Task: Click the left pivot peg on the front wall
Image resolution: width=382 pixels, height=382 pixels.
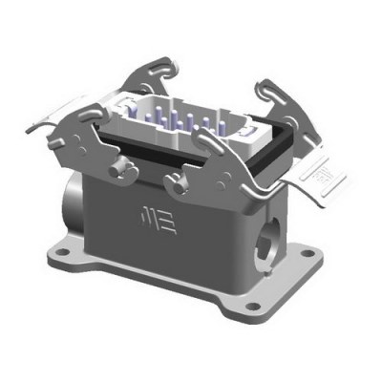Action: pos(119,172)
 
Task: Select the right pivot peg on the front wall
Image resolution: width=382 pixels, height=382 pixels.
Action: pos(175,183)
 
